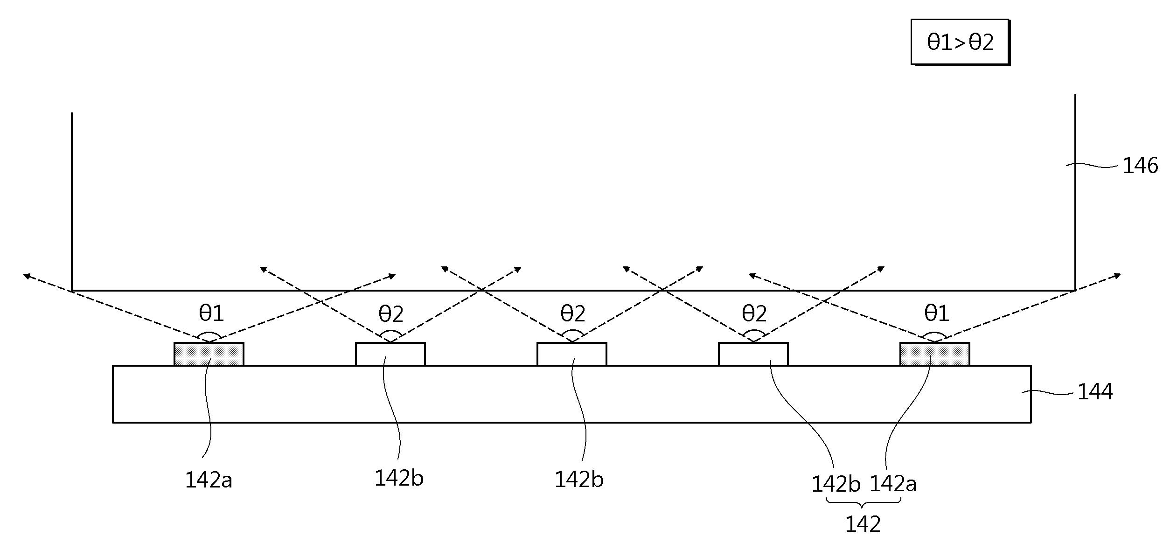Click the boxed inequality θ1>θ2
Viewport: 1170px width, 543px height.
pyautogui.click(x=960, y=42)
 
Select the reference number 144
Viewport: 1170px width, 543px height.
pyautogui.click(x=1094, y=391)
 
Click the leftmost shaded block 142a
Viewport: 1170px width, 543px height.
pyautogui.click(x=209, y=354)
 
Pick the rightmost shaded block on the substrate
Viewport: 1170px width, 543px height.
pyautogui.click(x=934, y=354)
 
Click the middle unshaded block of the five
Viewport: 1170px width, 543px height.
pyautogui.click(x=571, y=354)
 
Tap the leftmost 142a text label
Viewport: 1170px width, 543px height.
pyautogui.click(x=209, y=480)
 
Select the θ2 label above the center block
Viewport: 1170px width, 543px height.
pyautogui.click(x=572, y=313)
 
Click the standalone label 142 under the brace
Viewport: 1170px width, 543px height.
pyautogui.click(x=863, y=524)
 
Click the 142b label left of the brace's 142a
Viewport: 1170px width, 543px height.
pyautogui.click(x=836, y=484)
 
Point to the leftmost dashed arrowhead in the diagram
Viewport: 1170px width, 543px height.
pyautogui.click(x=27, y=276)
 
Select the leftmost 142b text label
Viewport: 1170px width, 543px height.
pyautogui.click(x=399, y=478)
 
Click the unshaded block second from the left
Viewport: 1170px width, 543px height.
pyautogui.click(x=390, y=354)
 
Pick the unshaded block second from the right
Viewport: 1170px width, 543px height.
pyautogui.click(x=753, y=354)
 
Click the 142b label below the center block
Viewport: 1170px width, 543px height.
pyautogui.click(x=578, y=480)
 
